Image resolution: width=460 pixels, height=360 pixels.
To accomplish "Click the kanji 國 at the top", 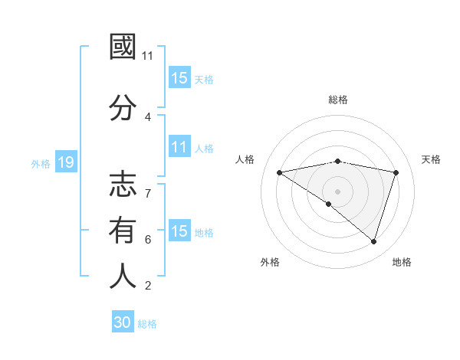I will (x=123, y=48).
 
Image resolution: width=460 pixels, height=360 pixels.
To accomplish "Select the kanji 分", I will (x=123, y=108).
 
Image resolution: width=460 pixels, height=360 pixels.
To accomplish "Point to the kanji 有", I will (x=123, y=231).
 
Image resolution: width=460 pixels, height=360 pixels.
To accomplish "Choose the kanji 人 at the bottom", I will (x=123, y=276).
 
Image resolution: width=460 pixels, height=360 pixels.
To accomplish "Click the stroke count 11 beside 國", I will (x=148, y=56).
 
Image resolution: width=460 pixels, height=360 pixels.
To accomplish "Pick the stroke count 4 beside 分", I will (x=148, y=116).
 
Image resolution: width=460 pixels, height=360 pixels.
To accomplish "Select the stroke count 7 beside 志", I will (x=148, y=185).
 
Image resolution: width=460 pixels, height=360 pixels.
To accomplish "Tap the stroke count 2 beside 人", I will (x=148, y=286).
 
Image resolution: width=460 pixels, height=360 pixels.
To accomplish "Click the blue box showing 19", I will (x=65, y=162).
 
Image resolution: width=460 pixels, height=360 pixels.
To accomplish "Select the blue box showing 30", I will (x=123, y=323).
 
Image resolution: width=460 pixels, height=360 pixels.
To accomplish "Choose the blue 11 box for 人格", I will (x=179, y=147).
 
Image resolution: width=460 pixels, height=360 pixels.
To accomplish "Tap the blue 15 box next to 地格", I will (x=179, y=231).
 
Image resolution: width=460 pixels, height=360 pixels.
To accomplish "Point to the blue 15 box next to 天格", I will (x=179, y=78).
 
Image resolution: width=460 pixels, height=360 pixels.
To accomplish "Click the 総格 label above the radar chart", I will (x=338, y=100).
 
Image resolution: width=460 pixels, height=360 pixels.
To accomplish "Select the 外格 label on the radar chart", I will (x=270, y=262).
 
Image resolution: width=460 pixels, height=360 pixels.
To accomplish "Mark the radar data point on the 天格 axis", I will (x=396, y=172).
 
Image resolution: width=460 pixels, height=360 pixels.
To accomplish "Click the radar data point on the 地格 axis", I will (x=373, y=241).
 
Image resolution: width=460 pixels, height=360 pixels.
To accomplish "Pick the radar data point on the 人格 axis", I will (x=279, y=172).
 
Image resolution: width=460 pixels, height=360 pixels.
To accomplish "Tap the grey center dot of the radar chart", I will (x=337, y=191).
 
